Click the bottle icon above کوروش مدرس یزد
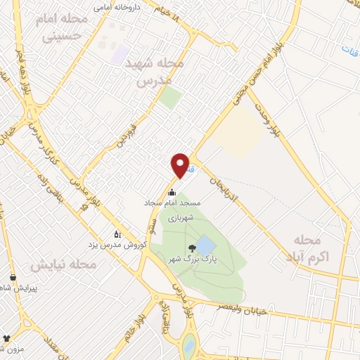coord(117,233)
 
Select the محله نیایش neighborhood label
coord(63,265)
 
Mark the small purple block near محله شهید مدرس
coord(120,53)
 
